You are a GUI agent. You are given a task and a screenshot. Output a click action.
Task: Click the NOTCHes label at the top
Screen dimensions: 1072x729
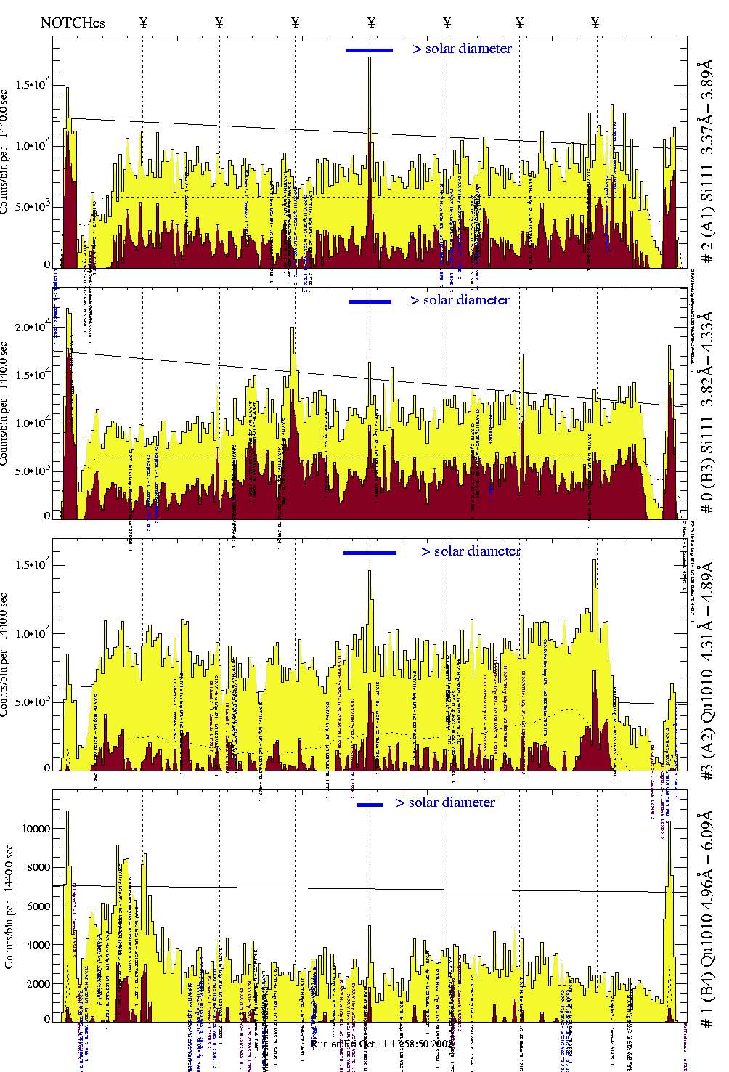coord(73,23)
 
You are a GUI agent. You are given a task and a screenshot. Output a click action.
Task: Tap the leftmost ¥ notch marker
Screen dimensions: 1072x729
coord(143,23)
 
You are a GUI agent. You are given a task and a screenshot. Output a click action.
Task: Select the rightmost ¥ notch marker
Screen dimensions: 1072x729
coord(595,23)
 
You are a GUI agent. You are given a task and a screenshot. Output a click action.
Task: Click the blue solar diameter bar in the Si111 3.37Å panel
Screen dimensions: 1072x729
coord(369,50)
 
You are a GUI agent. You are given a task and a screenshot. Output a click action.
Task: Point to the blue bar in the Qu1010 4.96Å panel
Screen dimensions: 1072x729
coord(370,805)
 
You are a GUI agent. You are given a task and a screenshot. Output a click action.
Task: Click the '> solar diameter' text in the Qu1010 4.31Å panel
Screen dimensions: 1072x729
coord(471,551)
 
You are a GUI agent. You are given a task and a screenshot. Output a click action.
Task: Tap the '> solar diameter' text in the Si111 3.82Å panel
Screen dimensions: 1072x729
coord(460,300)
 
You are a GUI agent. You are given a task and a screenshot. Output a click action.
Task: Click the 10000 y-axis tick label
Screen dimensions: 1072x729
coord(36,829)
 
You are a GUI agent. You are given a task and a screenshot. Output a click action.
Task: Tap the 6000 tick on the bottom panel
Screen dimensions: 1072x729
coord(38,906)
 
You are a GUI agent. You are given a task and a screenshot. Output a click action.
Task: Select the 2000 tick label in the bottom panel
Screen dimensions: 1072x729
coord(38,984)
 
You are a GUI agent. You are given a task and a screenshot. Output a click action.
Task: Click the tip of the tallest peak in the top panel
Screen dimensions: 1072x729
coord(370,57)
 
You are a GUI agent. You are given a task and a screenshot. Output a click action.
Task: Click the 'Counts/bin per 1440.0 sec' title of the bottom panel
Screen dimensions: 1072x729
coord(9,906)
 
